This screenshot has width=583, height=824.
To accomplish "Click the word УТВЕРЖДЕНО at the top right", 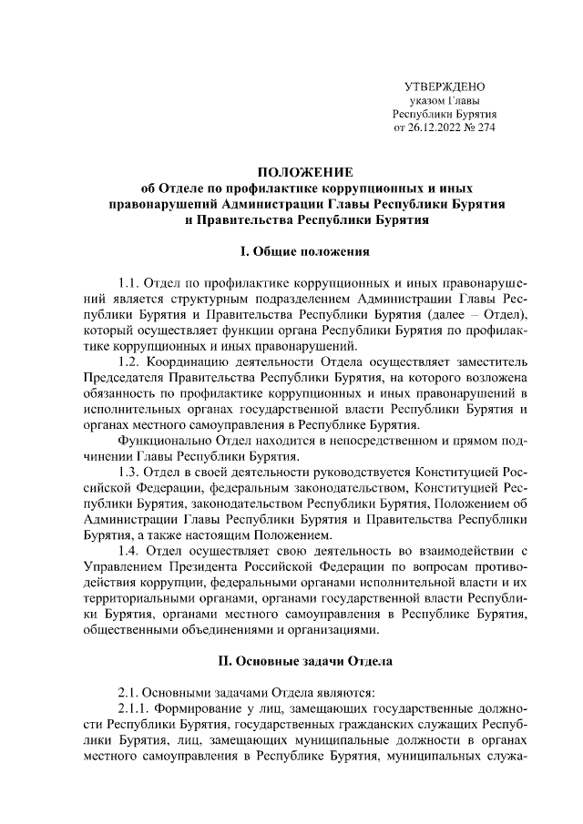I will pos(444,86).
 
